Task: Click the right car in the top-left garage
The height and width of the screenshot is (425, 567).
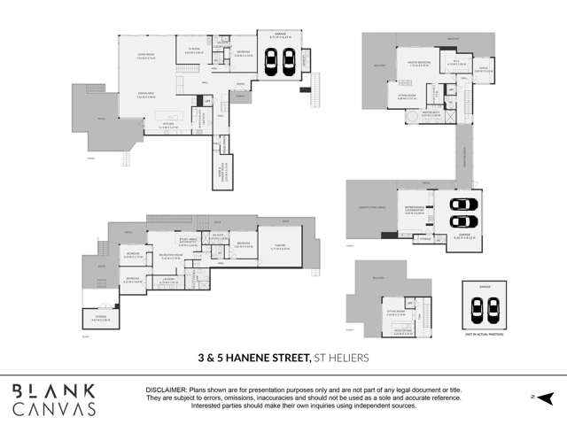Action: [x=289, y=61]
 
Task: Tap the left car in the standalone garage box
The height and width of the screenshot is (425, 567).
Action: [x=479, y=309]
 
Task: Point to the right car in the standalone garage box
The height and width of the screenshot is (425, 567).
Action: [x=493, y=309]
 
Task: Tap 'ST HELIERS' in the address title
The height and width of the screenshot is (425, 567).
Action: [x=340, y=359]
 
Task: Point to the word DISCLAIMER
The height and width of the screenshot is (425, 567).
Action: [x=166, y=390]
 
